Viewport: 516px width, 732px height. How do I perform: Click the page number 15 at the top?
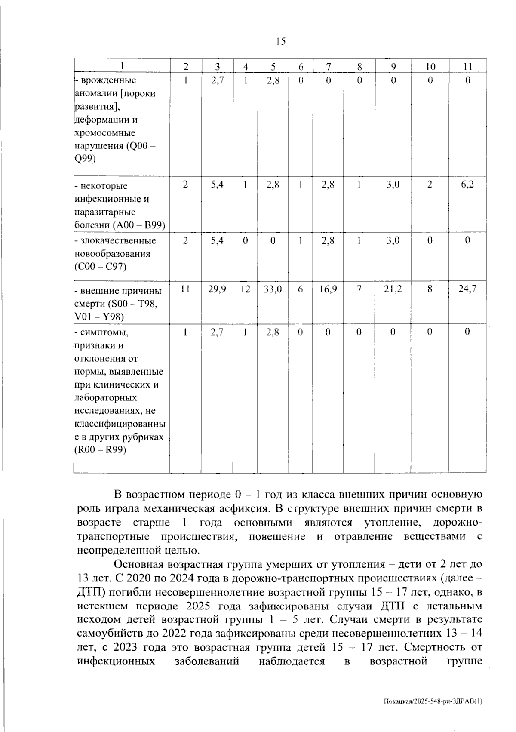pyautogui.click(x=280, y=41)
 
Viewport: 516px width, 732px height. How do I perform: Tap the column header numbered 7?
pyautogui.click(x=328, y=66)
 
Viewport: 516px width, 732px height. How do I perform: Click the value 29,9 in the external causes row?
pyautogui.click(x=217, y=289)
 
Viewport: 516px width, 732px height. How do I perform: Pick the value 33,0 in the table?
pyautogui.click(x=273, y=289)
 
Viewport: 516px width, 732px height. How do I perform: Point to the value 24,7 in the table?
pyautogui.click(x=467, y=289)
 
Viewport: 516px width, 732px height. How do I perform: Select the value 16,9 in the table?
pyautogui.click(x=328, y=289)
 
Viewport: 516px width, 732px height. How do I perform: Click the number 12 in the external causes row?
pyautogui.click(x=245, y=289)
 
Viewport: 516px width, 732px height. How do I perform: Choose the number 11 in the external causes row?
pyautogui.click(x=185, y=289)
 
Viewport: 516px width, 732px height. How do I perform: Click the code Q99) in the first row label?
pyautogui.click(x=85, y=159)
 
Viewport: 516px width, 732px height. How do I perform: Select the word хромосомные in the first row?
pyautogui.click(x=105, y=133)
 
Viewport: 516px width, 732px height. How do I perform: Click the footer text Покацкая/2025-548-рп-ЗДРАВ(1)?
pyautogui.click(x=433, y=701)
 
